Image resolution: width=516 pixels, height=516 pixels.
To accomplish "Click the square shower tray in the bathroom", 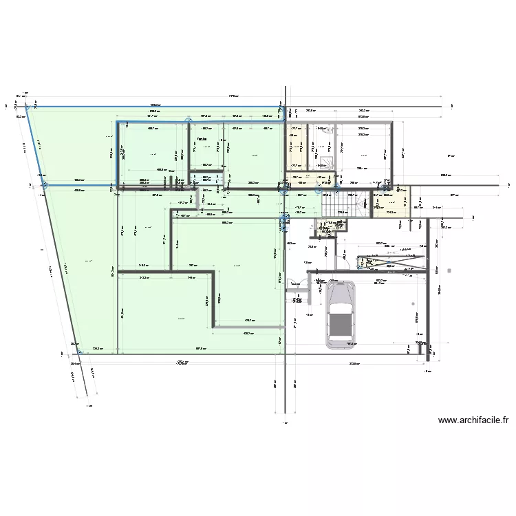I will [x=322, y=161].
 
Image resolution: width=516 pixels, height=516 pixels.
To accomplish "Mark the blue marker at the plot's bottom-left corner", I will [x=45, y=185].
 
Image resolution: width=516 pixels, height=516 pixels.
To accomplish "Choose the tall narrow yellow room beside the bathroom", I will [x=297, y=146].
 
